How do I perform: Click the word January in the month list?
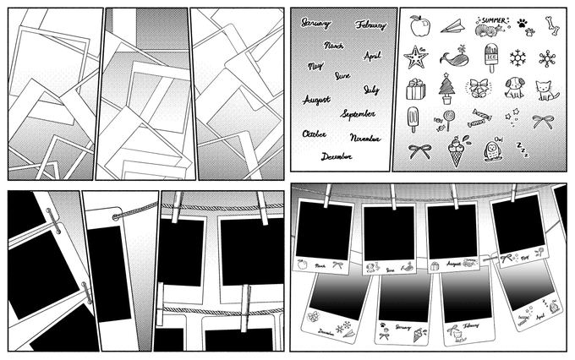coord(316,23)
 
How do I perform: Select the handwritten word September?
coord(358,113)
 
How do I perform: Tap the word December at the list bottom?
coord(337,155)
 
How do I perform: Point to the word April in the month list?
coord(372,56)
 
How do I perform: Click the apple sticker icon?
coord(417,27)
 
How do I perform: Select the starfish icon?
coord(415,57)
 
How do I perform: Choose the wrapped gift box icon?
coord(414,88)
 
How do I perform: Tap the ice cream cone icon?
coord(452,147)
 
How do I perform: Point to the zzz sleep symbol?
coord(522,153)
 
